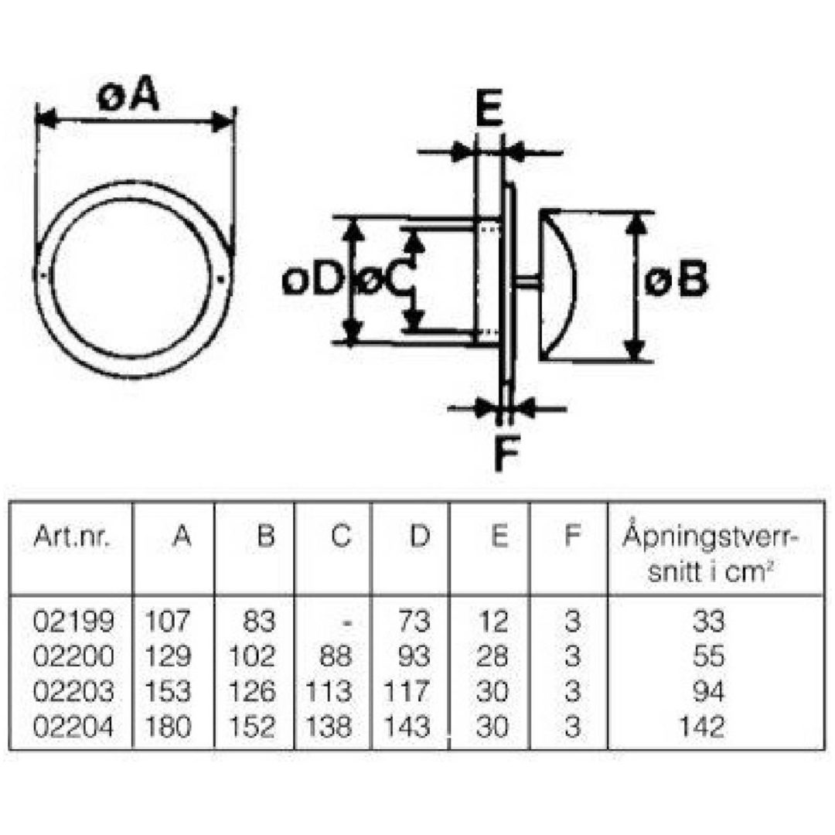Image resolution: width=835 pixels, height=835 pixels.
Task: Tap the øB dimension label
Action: [676, 279]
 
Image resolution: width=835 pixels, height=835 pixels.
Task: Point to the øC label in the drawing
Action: [384, 280]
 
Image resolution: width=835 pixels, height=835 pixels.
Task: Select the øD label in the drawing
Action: [311, 280]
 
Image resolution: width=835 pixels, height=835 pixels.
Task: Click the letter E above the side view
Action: [489, 109]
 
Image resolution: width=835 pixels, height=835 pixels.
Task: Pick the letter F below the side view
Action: [506, 452]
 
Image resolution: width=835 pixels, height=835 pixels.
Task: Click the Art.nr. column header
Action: [71, 537]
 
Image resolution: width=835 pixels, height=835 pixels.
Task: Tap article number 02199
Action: [73, 621]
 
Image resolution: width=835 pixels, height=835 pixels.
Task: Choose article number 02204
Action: [73, 727]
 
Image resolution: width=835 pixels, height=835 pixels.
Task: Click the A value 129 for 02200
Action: [167, 656]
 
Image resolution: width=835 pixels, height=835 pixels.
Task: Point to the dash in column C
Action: [346, 622]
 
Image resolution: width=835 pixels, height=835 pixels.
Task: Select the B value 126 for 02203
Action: [252, 692]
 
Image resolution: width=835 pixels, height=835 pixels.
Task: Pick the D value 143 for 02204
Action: [407, 727]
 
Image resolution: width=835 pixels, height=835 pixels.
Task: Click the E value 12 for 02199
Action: [492, 621]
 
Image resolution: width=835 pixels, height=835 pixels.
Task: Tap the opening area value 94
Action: [709, 692]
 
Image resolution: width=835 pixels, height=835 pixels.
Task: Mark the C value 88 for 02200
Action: [336, 656]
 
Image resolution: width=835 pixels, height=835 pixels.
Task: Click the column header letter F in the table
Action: [571, 537]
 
